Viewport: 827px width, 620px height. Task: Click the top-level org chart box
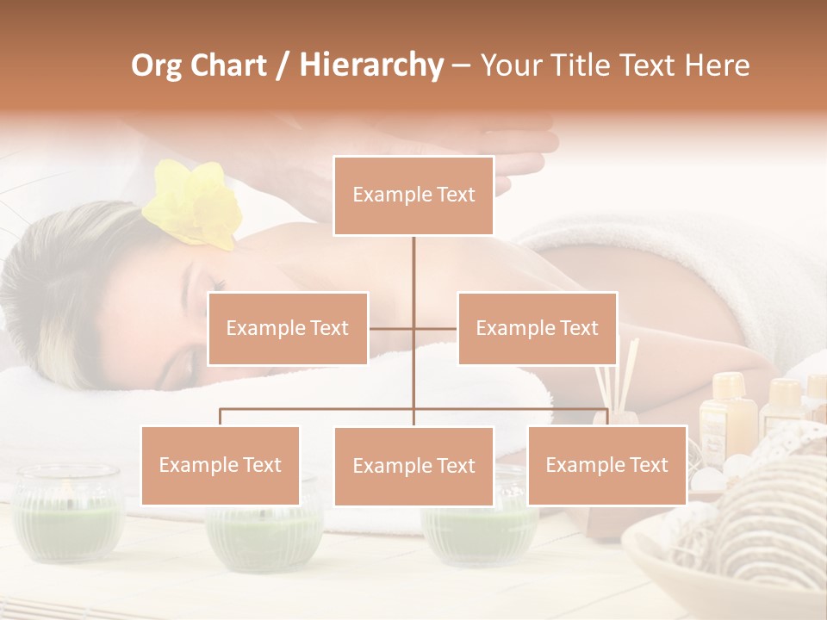click(413, 195)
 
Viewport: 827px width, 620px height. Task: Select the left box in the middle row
click(288, 328)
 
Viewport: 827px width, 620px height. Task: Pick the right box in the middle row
click(537, 328)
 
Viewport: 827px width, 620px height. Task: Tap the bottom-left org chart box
click(221, 465)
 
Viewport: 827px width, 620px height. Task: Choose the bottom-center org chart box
click(413, 466)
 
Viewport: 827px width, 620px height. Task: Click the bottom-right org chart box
click(606, 465)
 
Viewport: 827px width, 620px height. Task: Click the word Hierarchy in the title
click(371, 65)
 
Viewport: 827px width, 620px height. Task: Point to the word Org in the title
click(156, 65)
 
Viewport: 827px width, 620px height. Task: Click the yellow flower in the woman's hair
click(194, 205)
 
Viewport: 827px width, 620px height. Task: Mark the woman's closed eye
click(214, 284)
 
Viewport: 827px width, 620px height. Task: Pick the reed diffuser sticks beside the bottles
click(627, 366)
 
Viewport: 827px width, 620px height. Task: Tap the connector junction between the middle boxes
click(413, 328)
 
